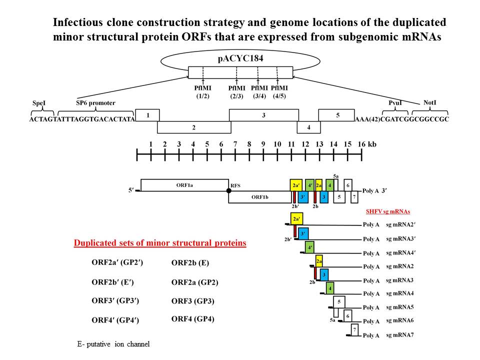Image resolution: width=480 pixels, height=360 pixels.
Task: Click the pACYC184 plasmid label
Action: tap(239, 58)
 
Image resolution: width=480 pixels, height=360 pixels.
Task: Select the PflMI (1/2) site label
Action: tap(202, 92)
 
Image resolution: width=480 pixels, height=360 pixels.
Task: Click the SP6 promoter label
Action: tap(95, 103)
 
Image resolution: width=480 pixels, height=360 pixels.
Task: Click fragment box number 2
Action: tap(194, 127)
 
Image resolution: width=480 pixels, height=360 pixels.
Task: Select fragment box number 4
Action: tap(308, 127)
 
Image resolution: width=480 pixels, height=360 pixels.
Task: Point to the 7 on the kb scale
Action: tap(235, 144)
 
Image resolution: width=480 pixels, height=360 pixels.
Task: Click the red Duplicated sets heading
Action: tap(160, 243)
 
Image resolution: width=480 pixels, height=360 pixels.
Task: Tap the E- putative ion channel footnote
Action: tap(113, 344)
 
